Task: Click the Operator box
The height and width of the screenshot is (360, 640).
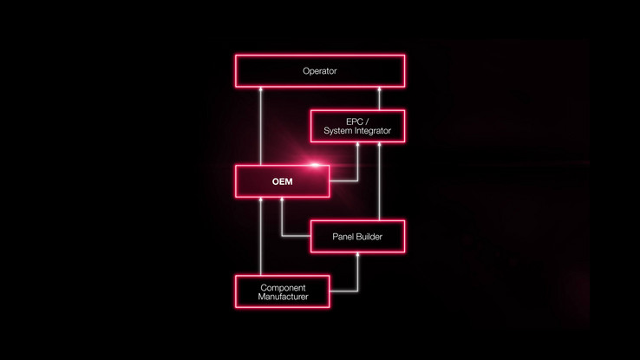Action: tap(320, 71)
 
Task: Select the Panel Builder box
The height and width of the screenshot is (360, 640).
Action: tap(357, 236)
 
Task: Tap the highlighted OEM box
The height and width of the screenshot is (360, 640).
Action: tap(283, 181)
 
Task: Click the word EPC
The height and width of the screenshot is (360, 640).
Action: tap(354, 121)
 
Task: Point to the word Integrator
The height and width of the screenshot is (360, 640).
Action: tap(372, 131)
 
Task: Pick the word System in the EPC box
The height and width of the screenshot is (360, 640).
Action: tap(337, 131)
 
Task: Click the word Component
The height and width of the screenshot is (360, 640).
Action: tap(283, 288)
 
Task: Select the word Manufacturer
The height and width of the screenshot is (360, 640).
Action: tap(283, 297)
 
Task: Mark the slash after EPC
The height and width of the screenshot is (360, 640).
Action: tap(367, 121)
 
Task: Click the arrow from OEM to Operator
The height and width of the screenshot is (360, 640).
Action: tap(261, 126)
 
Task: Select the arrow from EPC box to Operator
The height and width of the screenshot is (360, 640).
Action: tap(379, 98)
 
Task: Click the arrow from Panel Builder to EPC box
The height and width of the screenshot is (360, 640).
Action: tap(379, 181)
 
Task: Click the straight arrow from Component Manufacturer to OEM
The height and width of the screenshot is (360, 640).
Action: tap(261, 236)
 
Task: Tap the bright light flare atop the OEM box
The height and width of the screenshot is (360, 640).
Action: tap(315, 165)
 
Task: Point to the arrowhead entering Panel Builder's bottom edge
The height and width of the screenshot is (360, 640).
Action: tap(357, 255)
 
